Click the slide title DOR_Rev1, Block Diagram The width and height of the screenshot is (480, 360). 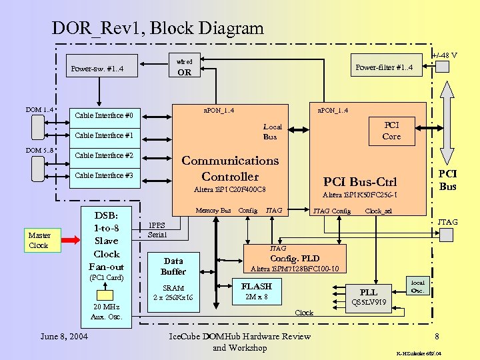157,28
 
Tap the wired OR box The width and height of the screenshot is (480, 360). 184,67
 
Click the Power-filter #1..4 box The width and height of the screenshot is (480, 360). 385,67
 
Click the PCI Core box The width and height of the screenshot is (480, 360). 391,131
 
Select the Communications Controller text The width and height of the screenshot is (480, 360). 230,169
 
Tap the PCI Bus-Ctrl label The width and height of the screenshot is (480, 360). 359,182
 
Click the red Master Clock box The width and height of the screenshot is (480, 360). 39,240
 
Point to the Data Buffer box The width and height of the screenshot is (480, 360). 173,266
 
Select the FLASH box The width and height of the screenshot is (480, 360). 256,287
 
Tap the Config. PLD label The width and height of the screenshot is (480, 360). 294,259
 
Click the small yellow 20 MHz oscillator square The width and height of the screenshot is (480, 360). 106,295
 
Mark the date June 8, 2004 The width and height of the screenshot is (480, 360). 64,337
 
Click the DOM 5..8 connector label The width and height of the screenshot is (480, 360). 39,150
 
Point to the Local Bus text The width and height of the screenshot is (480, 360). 271,131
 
